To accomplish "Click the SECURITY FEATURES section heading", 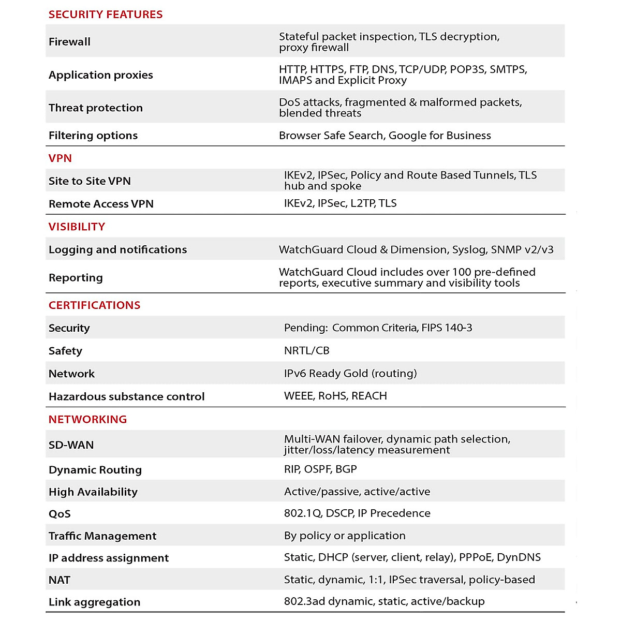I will point(106,14).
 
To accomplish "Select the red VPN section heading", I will point(60,158).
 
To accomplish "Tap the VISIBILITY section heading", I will point(77,227).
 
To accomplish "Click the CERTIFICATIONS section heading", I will point(94,305).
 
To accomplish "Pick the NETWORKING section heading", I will point(87,419).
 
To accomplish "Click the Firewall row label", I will point(69,42).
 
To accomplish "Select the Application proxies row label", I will point(101,75).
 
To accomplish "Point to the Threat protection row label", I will point(96,108).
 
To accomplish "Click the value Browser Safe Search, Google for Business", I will point(385,136).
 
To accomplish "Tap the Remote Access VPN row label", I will point(101,204).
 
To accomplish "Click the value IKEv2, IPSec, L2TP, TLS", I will point(340,203).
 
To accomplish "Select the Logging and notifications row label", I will point(117,249).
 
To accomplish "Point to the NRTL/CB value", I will point(306,350).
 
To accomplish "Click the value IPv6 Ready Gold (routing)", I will point(350,373).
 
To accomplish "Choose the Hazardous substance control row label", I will point(126,396).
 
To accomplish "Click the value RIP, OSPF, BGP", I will point(320,469).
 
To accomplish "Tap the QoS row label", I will point(60,514).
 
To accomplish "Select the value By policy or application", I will point(345,536).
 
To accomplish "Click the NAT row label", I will point(60,580).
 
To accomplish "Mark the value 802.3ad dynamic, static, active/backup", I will point(384,601).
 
